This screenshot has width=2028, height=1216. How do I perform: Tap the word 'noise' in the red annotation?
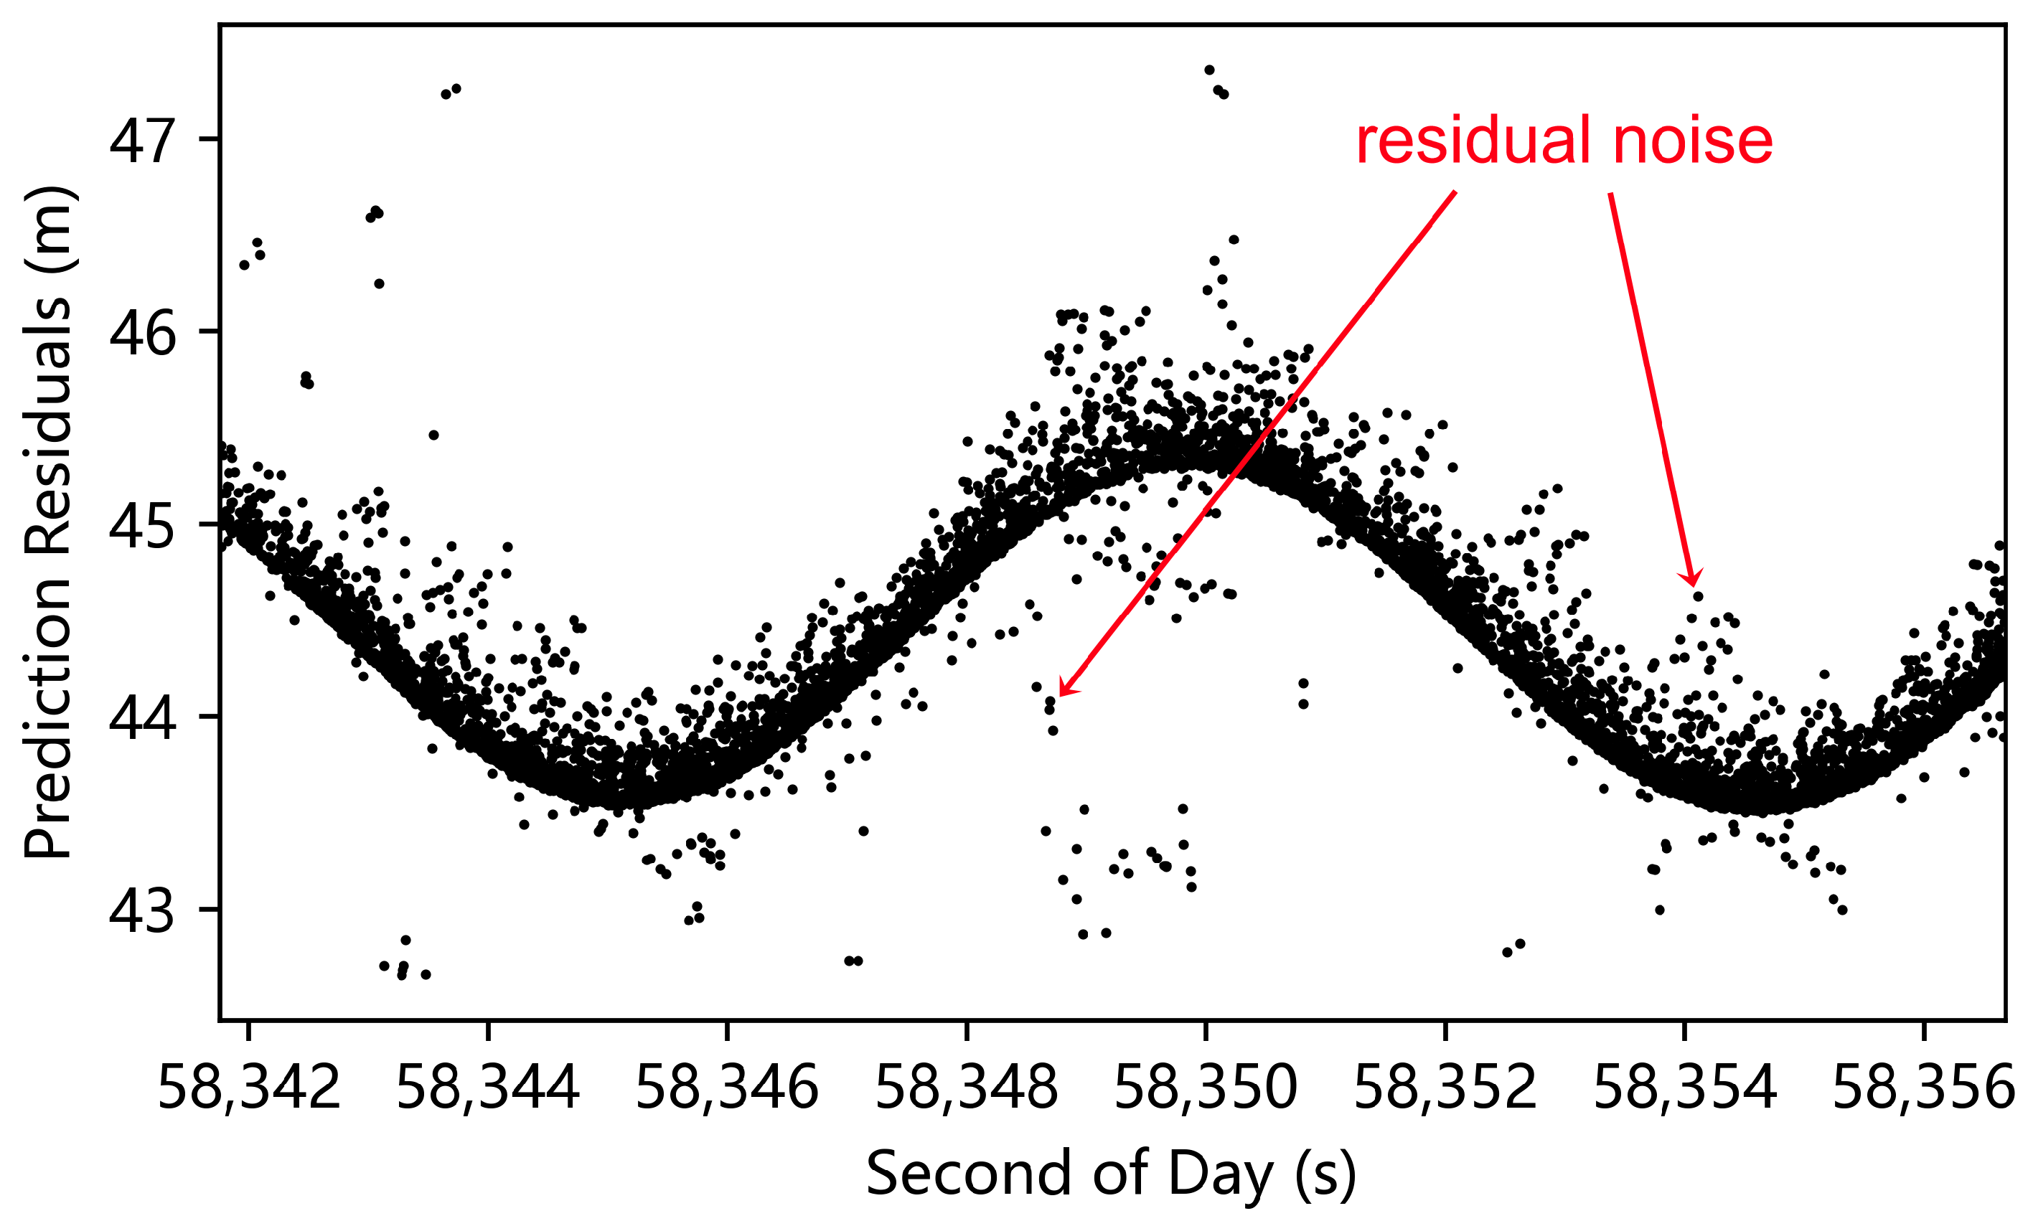(1693, 141)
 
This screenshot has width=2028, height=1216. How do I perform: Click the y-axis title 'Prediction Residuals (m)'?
(50, 523)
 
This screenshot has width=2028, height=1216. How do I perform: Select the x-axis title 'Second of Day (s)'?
(1111, 1174)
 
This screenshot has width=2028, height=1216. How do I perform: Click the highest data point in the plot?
(1209, 70)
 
